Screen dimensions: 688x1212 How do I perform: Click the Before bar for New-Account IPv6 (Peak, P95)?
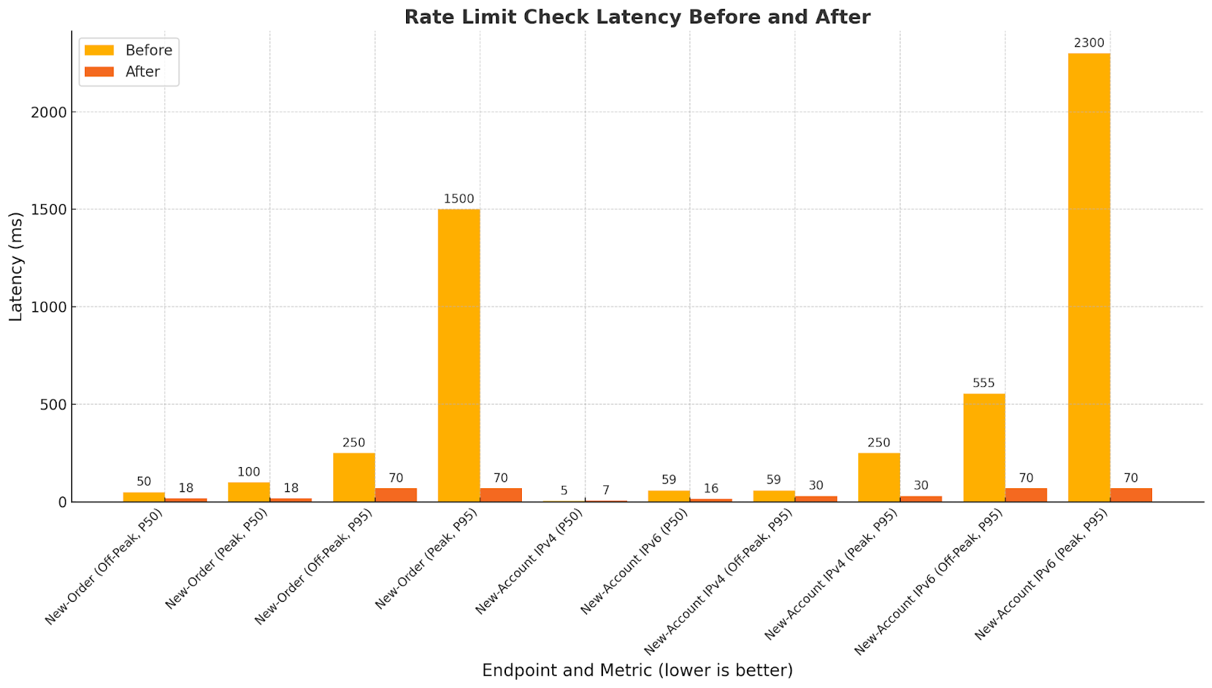coord(1089,277)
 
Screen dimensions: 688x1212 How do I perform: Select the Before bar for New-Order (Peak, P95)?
coord(458,355)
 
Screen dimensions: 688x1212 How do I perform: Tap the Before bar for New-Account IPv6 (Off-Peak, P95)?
coord(983,447)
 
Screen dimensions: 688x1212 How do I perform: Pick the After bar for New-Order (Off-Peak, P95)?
coord(395,495)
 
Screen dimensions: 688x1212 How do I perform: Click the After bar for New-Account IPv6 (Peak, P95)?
coord(1131,495)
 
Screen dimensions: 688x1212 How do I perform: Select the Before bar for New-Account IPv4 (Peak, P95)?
coord(879,477)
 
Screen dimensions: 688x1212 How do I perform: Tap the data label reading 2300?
coord(1089,43)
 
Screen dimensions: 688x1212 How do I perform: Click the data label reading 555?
coord(983,383)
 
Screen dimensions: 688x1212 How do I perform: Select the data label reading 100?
coord(248,472)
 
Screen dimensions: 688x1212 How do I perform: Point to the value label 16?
coord(711,488)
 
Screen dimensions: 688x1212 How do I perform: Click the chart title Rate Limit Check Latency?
coord(637,17)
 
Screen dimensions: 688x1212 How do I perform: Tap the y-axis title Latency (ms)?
coord(17,266)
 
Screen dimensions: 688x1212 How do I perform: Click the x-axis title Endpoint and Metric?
coord(637,670)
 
